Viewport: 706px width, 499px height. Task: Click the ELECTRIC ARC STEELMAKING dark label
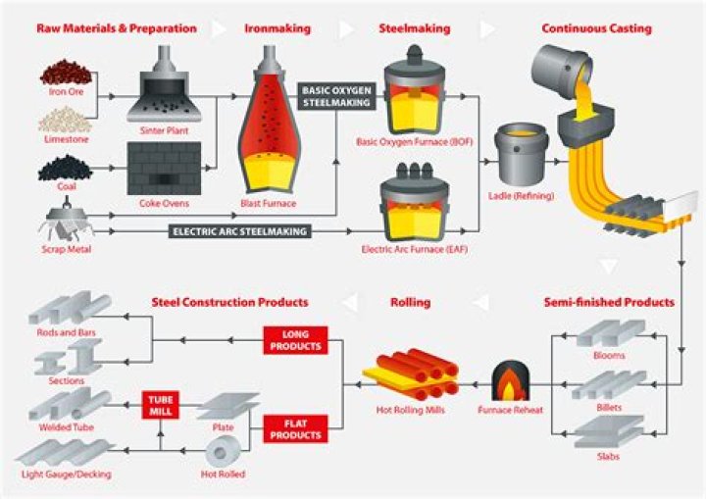tap(239, 232)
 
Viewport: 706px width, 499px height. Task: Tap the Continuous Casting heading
tap(596, 28)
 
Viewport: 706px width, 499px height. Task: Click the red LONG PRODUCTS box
tap(294, 340)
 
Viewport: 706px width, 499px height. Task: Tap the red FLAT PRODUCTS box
tap(293, 427)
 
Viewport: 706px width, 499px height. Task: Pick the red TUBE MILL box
tap(159, 404)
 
